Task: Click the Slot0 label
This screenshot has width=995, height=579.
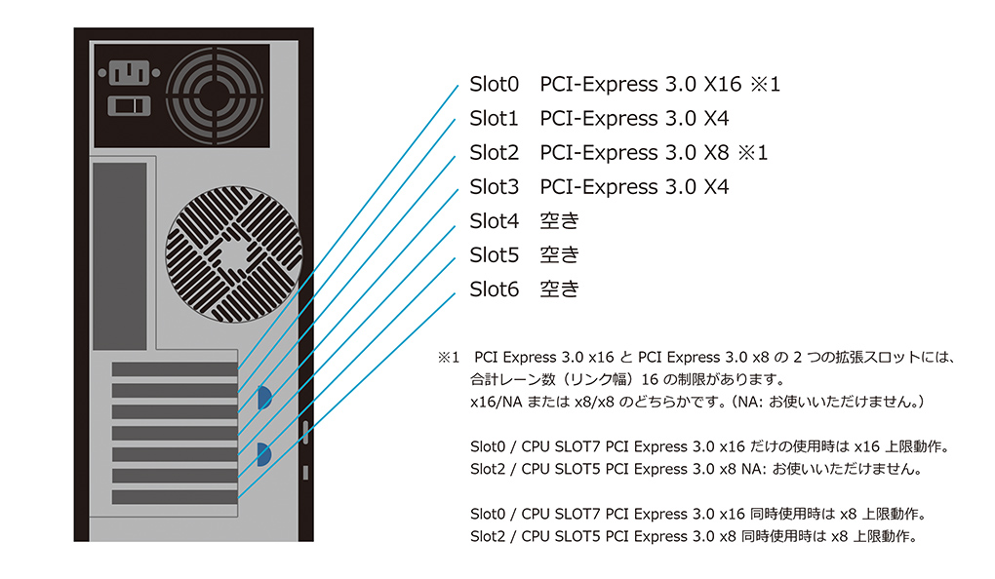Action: (494, 85)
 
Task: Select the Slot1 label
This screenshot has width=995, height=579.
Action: (494, 119)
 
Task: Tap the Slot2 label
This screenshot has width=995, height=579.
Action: (494, 153)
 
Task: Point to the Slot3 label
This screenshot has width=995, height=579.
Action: (494, 187)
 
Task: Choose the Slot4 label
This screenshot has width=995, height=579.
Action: (494, 221)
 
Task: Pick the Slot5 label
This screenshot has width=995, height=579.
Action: (494, 255)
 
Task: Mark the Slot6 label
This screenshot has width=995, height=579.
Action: (494, 289)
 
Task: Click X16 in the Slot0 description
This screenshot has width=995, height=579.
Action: (722, 85)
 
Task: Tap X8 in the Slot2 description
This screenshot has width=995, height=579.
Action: (716, 153)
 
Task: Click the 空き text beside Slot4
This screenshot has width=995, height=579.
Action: (559, 220)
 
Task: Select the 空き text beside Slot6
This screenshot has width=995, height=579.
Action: (559, 289)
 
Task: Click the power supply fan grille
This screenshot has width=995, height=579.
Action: (215, 96)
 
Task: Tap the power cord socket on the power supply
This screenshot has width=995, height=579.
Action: (130, 72)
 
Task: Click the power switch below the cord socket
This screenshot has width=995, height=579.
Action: (130, 106)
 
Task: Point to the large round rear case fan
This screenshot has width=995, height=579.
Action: (233, 254)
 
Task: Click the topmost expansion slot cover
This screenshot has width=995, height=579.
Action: (175, 369)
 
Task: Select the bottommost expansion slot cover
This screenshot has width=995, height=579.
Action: (175, 496)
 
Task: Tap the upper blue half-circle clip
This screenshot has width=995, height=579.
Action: (264, 398)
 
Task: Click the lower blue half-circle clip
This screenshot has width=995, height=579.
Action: (264, 454)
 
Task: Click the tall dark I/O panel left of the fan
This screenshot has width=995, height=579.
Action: (120, 256)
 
